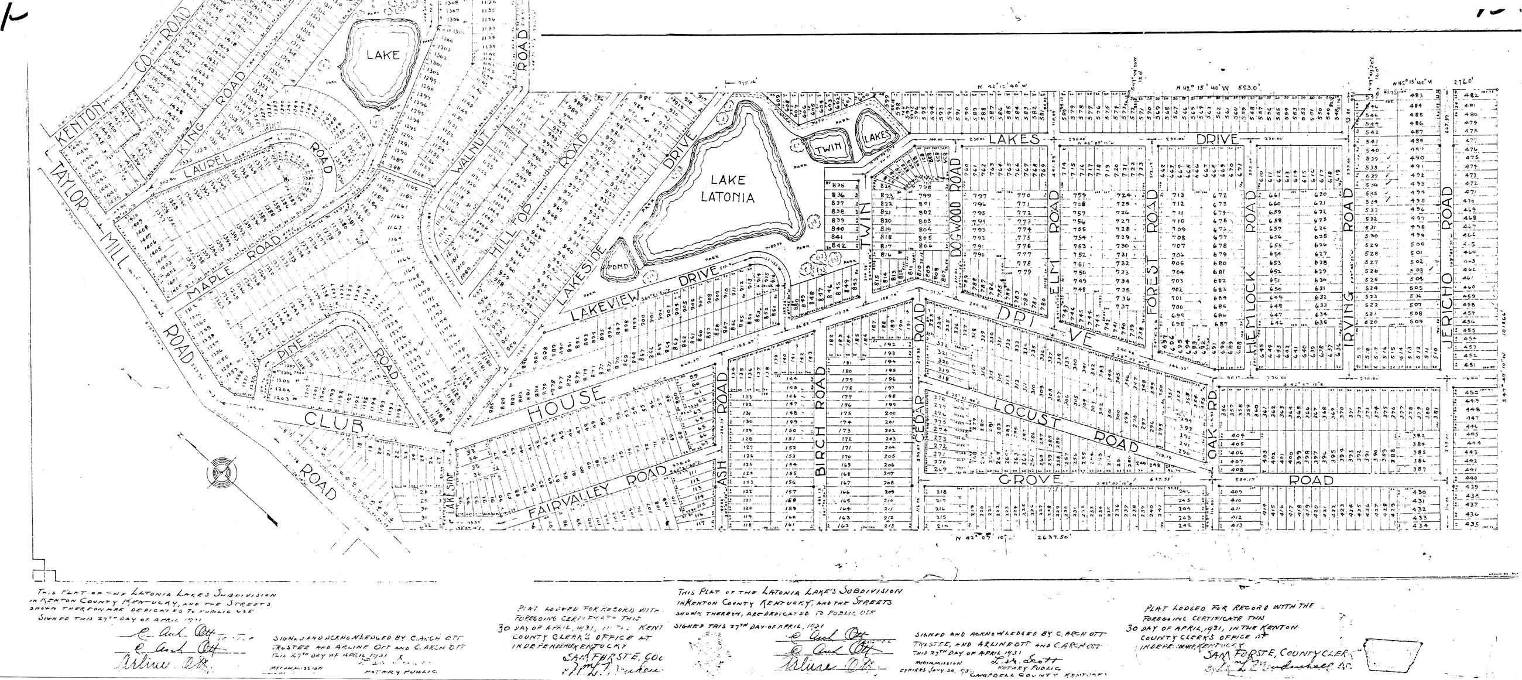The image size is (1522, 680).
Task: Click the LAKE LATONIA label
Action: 727,188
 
